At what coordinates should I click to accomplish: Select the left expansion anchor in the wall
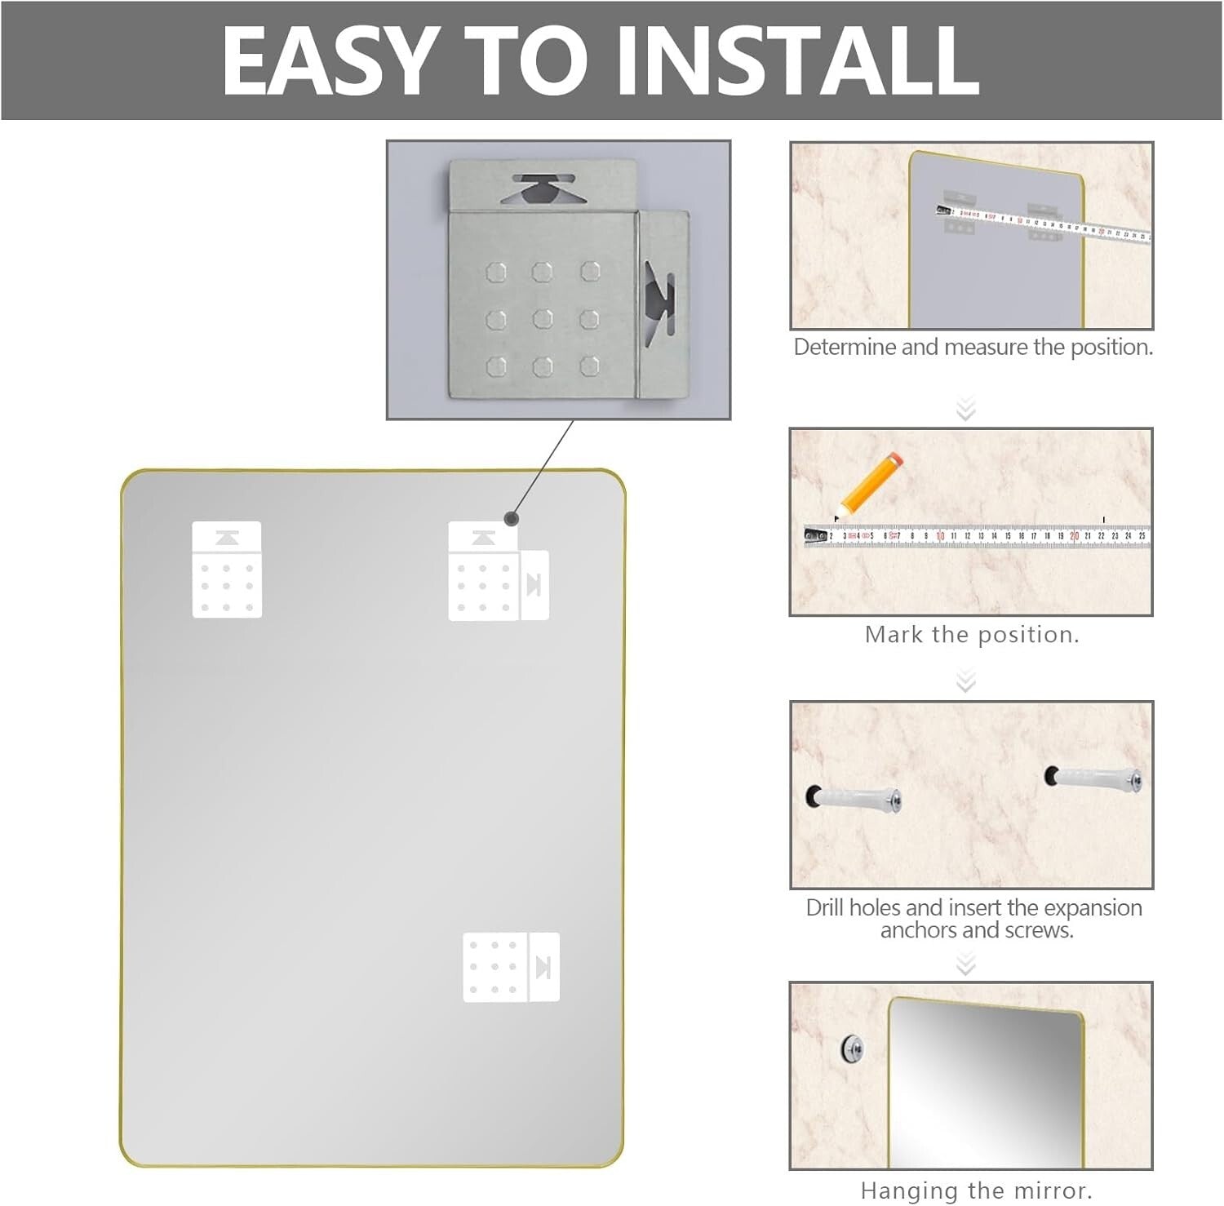854,797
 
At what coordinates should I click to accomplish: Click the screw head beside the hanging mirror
852,1048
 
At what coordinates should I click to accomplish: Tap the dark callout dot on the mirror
512,518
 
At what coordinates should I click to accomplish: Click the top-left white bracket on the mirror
227,570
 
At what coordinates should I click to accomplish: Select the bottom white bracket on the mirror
511,967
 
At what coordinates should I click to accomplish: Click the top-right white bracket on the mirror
498,571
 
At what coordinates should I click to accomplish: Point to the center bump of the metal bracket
543,318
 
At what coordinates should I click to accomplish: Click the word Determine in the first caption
845,348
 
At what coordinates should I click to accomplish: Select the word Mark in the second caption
893,635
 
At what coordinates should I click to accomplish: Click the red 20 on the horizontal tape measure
1074,536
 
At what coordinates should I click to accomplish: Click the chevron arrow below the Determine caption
966,408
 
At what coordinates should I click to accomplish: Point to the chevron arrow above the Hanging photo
966,965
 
